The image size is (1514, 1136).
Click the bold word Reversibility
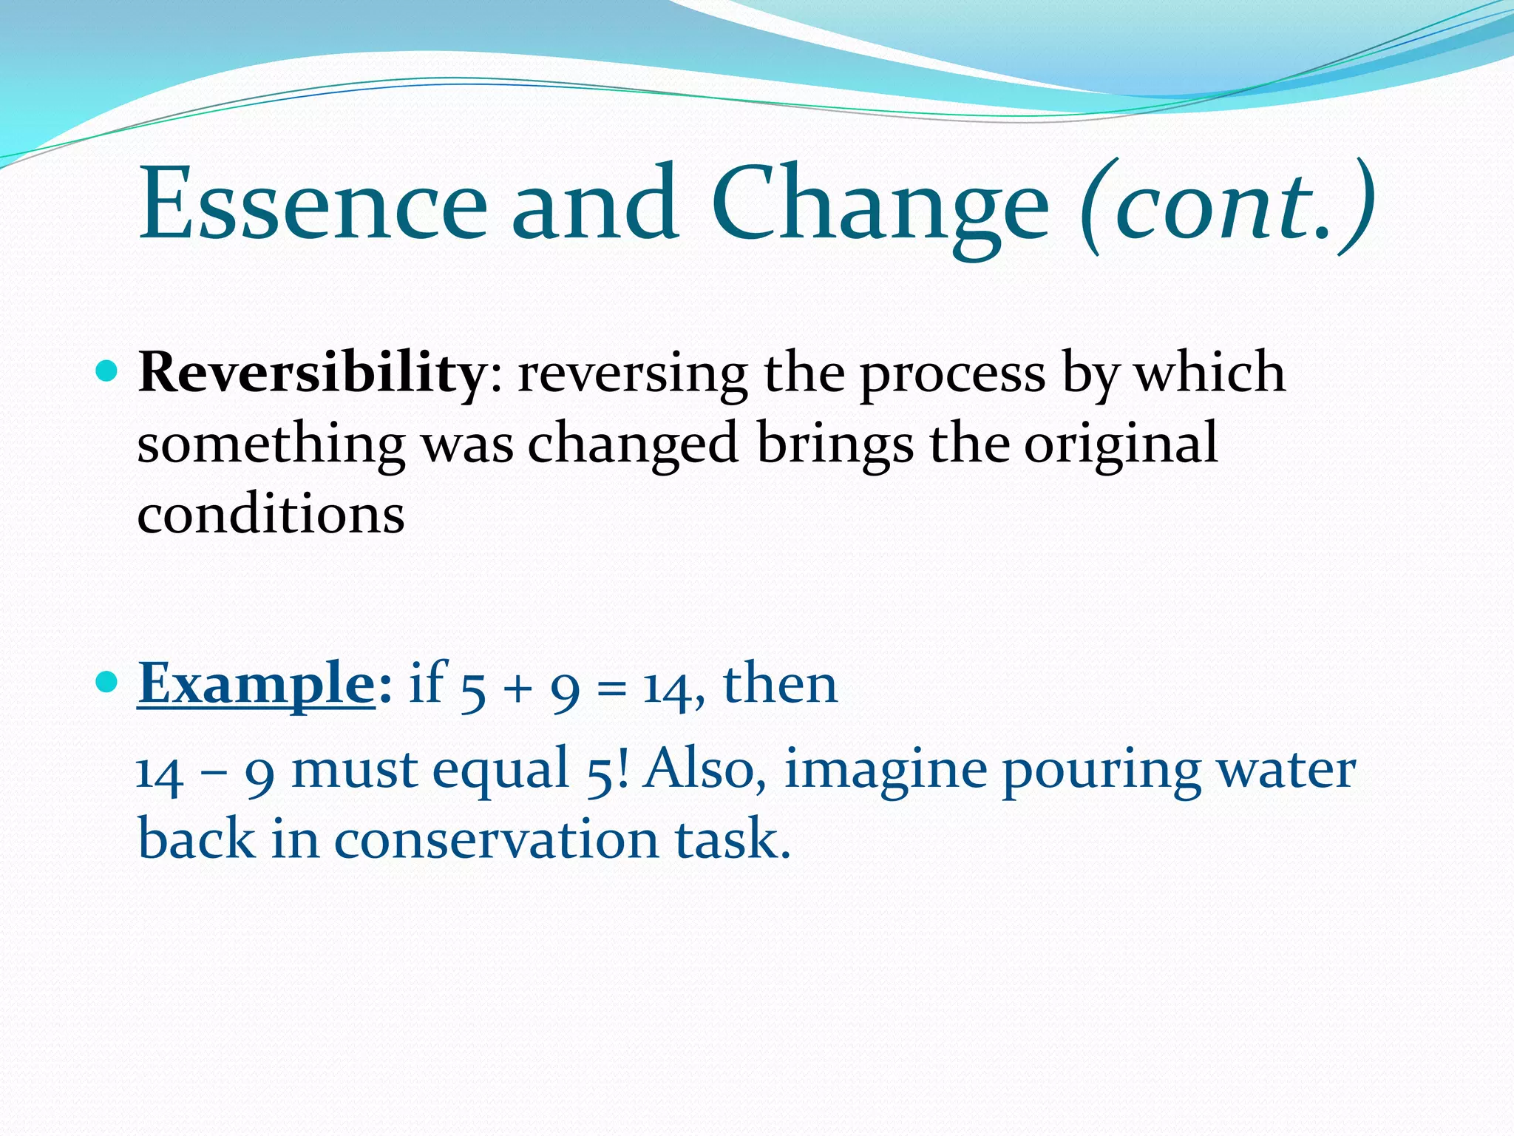click(310, 373)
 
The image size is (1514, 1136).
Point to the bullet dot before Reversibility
click(107, 370)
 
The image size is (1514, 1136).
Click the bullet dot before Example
click(107, 681)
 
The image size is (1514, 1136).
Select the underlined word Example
click(257, 684)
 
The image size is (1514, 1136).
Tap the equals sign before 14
click(611, 689)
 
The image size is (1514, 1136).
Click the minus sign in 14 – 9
click(214, 773)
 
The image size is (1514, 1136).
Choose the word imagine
click(885, 769)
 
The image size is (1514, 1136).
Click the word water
click(1286, 769)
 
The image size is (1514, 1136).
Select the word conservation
click(496, 839)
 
